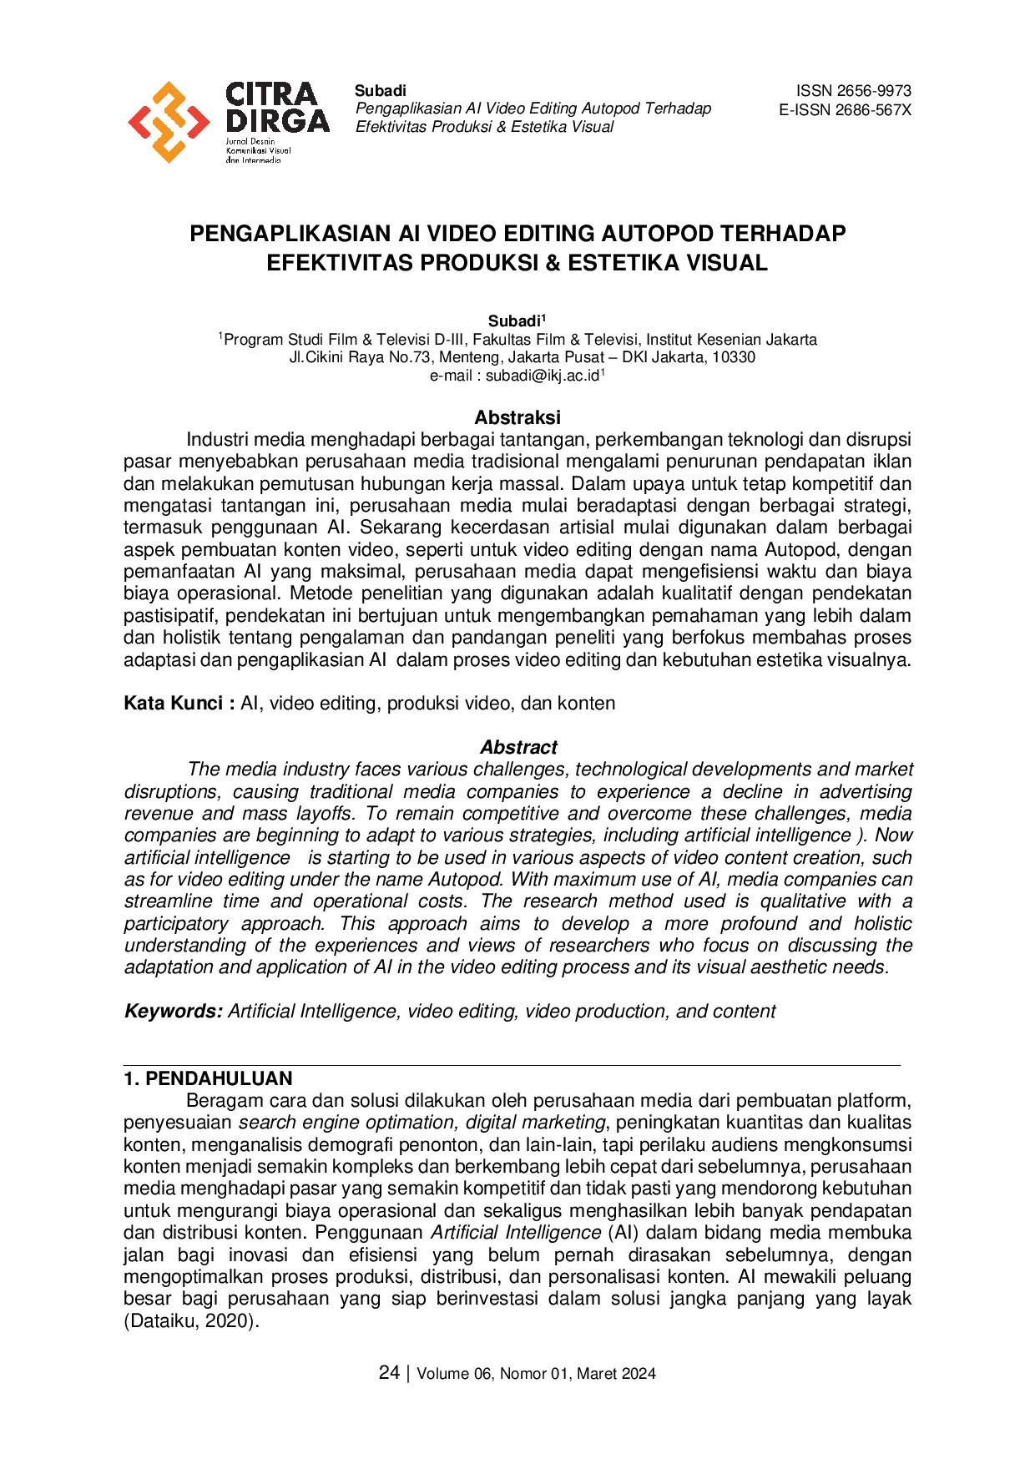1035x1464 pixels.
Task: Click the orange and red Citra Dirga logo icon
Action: [x=169, y=122]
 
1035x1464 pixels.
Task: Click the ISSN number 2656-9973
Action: [x=875, y=91]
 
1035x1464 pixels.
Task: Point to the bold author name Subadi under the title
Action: [x=514, y=321]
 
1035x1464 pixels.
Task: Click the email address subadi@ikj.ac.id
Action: [x=543, y=376]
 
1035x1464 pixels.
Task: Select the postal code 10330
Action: [x=734, y=357]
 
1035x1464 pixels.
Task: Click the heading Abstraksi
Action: [x=517, y=417]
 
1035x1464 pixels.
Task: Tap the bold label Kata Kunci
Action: [x=173, y=704]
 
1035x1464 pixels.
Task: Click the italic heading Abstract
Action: [x=518, y=747]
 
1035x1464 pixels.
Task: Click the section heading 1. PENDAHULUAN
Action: [x=208, y=1078]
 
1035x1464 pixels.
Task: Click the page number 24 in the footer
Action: [x=389, y=1373]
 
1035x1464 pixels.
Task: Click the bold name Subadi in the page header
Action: [x=381, y=91]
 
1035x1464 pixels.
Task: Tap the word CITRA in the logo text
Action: [x=271, y=93]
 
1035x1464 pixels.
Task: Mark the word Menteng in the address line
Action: [x=468, y=357]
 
